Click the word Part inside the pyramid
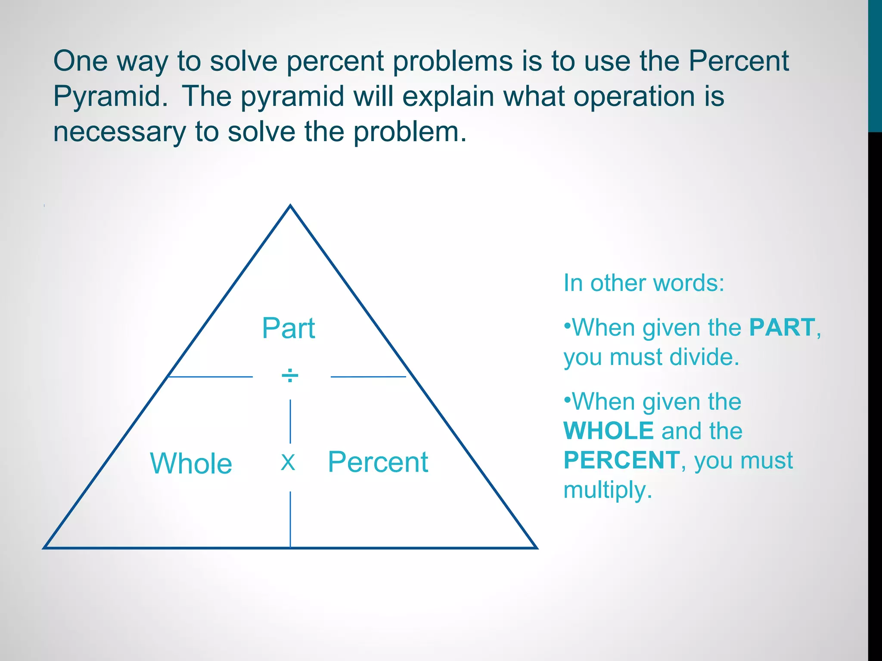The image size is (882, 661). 288,328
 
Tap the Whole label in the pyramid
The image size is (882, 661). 191,463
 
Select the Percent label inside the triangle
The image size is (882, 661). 378,462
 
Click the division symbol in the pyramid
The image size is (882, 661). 290,376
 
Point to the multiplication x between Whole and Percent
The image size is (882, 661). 288,463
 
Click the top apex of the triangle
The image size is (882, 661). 290,206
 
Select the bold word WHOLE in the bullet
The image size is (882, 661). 609,431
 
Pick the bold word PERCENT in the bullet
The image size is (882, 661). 621,460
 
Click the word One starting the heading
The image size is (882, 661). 80,61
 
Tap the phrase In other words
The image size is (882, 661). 644,283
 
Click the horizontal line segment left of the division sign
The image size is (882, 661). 210,377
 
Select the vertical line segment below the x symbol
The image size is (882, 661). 290,519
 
